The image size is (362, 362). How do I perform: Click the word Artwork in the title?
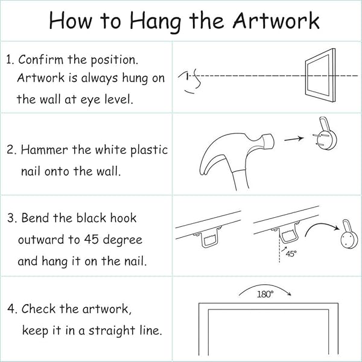coord(276,21)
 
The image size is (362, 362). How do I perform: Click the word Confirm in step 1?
coord(40,60)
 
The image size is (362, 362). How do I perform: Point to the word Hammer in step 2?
coord(44,150)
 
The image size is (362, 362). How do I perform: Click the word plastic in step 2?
coord(149,150)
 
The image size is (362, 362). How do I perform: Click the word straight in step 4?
coord(112,331)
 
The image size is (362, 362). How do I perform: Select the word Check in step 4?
coord(39,309)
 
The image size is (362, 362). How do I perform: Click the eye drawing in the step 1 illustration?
coord(190,81)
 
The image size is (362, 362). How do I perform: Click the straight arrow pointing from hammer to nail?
coord(294,139)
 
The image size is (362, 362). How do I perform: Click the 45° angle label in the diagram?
coord(291,254)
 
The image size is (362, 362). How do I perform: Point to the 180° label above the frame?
coord(265,294)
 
